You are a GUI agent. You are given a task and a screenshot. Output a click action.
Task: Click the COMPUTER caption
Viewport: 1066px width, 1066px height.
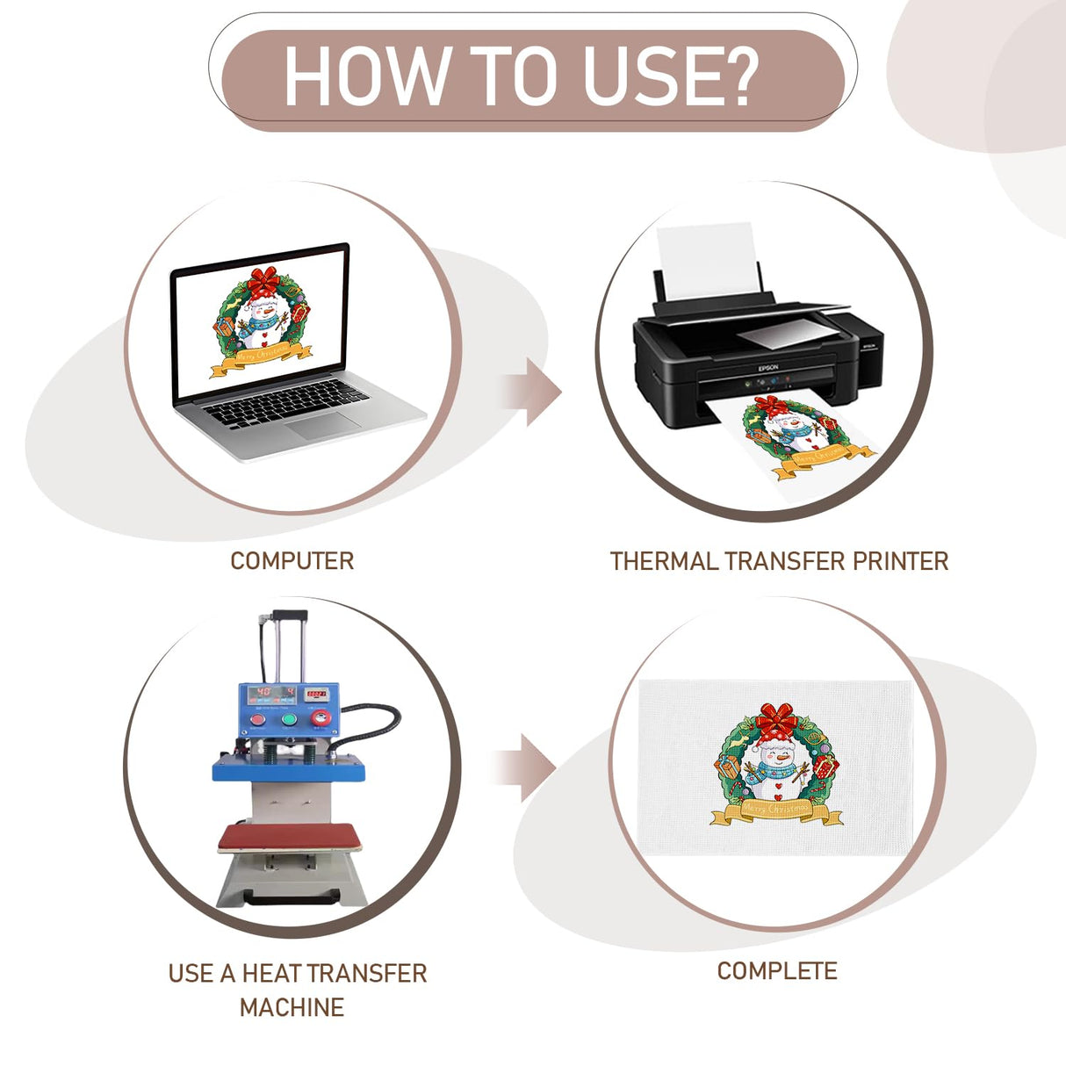click(x=292, y=561)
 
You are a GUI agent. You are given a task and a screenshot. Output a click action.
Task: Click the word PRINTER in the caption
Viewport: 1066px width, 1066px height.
click(x=900, y=561)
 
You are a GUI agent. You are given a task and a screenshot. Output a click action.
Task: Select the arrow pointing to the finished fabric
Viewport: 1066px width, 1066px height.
click(x=525, y=768)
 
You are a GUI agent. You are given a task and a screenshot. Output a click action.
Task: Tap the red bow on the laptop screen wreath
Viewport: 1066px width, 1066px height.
click(x=264, y=280)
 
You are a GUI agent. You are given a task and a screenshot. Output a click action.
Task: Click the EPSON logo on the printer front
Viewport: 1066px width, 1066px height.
click(x=767, y=367)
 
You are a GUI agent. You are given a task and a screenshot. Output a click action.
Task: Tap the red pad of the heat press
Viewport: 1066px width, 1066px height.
click(x=289, y=838)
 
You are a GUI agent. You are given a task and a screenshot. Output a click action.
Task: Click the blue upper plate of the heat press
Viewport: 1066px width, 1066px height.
click(x=288, y=769)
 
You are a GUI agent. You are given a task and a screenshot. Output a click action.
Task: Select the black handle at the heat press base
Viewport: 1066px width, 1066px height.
click(x=291, y=897)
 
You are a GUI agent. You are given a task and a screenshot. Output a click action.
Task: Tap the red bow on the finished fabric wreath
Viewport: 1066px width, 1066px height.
click(x=777, y=718)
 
